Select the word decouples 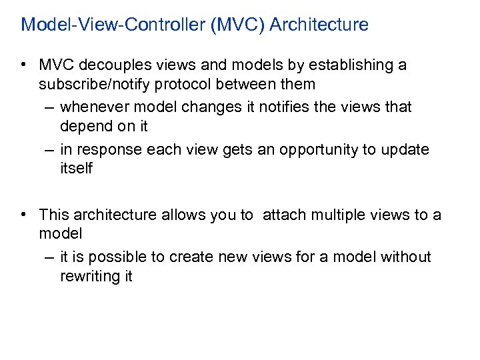click(x=113, y=65)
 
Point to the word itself click(x=76, y=169)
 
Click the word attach click(x=283, y=215)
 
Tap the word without click(x=405, y=257)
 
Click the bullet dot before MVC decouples click(x=23, y=65)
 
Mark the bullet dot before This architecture click(x=23, y=215)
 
